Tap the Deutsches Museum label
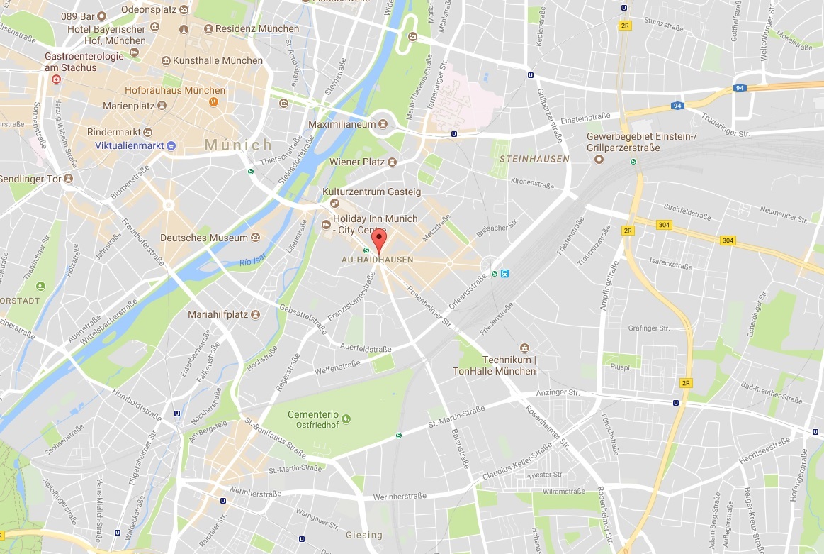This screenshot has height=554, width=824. (204, 238)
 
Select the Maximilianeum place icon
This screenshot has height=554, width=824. (383, 123)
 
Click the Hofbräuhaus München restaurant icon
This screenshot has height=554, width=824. (213, 102)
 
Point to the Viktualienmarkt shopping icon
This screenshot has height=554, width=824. (171, 145)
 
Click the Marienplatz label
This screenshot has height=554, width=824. (128, 105)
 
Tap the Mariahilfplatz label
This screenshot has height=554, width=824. (218, 314)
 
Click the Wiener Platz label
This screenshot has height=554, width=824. (357, 162)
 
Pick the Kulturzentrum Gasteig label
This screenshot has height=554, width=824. (372, 192)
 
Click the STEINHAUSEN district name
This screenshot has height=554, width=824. (534, 159)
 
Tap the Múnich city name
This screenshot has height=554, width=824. (238, 145)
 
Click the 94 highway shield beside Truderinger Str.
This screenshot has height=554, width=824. (677, 106)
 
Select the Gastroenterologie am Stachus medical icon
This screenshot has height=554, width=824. (55, 79)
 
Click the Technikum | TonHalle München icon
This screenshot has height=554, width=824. (524, 348)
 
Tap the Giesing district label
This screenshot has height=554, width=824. (363, 535)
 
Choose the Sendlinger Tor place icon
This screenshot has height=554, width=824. (69, 179)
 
